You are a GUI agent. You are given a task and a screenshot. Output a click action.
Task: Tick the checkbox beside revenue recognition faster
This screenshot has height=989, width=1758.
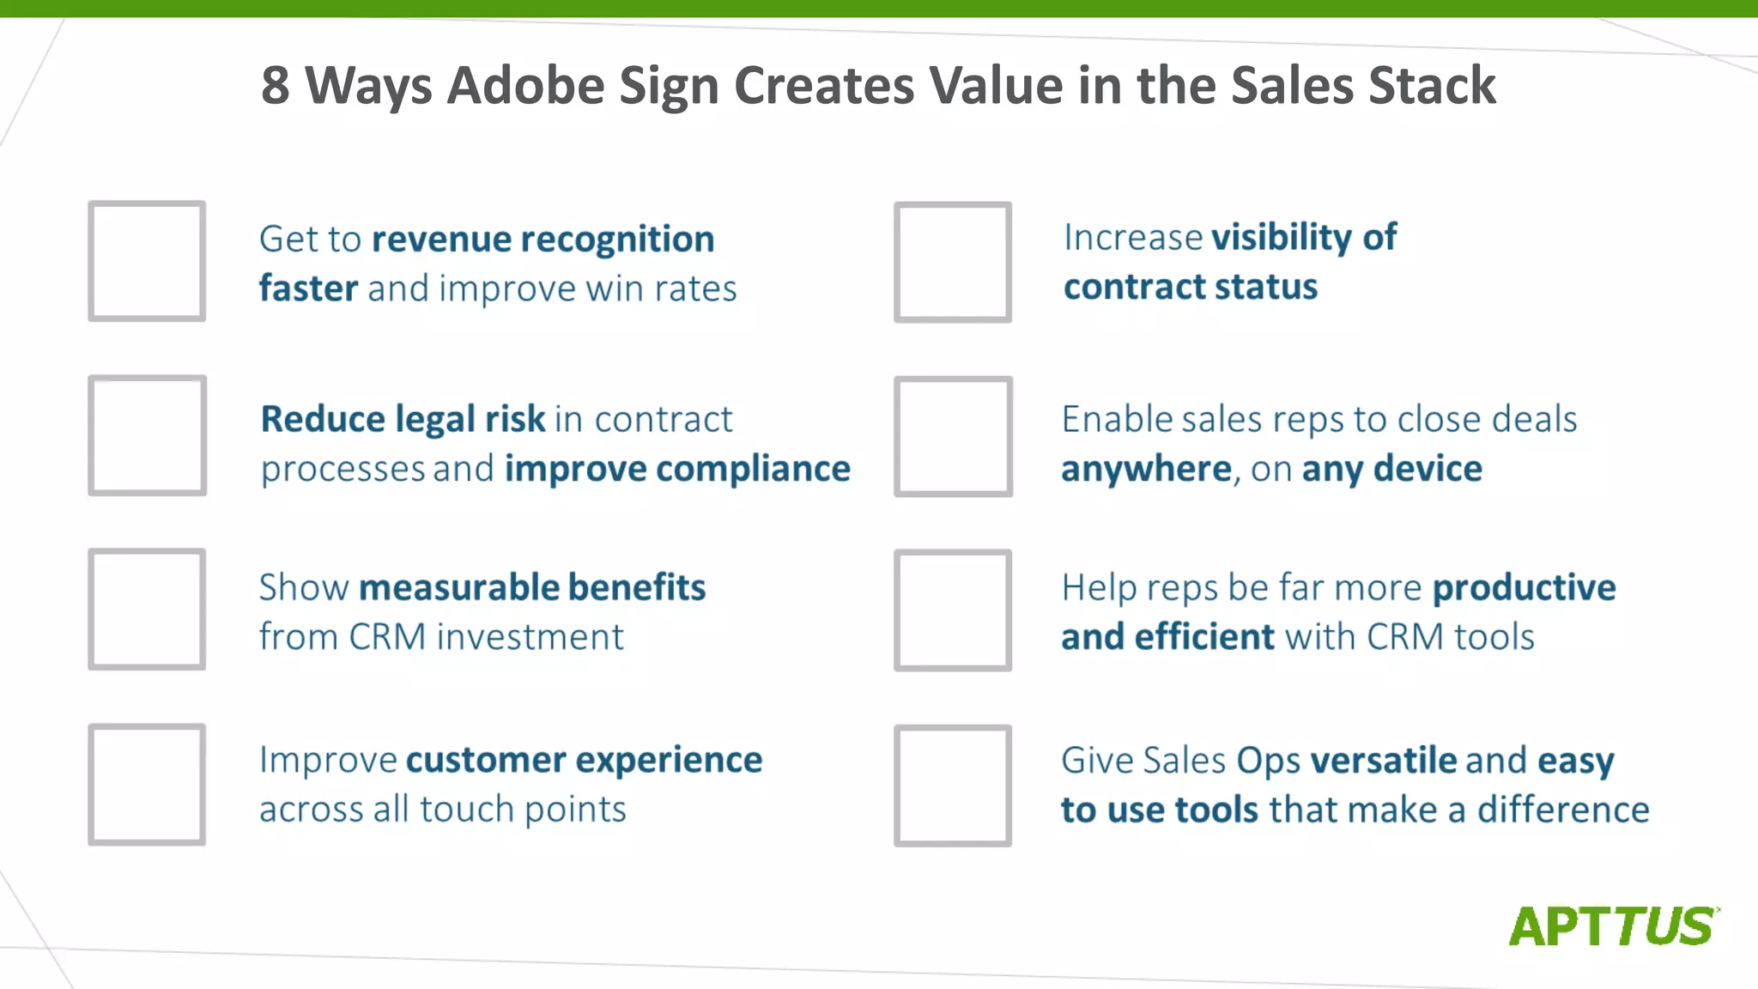pyautogui.click(x=147, y=261)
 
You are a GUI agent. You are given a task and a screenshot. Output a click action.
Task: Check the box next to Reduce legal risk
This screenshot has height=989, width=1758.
pyautogui.click(x=147, y=435)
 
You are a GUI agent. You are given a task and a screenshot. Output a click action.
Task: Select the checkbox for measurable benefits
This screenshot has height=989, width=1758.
pyautogui.click(x=147, y=610)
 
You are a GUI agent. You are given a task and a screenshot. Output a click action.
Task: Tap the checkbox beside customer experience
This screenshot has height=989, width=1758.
pyautogui.click(x=147, y=784)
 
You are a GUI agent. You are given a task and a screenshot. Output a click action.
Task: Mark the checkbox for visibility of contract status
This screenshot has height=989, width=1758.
pyautogui.click(x=953, y=262)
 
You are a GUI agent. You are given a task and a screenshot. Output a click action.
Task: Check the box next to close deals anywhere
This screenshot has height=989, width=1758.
pyautogui.click(x=953, y=436)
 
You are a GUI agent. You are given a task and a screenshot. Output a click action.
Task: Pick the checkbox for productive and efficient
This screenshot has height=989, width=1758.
pyautogui.click(x=953, y=610)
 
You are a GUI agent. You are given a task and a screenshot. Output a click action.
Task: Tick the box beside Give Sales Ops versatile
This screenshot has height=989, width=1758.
pyautogui.click(x=953, y=786)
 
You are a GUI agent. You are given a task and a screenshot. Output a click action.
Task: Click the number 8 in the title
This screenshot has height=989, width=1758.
pyautogui.click(x=276, y=86)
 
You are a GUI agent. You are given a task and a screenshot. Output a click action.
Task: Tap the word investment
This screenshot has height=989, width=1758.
pyautogui.click(x=530, y=637)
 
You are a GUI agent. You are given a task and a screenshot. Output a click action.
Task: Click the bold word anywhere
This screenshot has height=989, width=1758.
pyautogui.click(x=1146, y=470)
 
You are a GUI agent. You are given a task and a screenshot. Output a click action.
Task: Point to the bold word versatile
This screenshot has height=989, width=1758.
pyautogui.click(x=1384, y=761)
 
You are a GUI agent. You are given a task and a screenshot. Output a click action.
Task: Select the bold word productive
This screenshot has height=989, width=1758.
pyautogui.click(x=1524, y=588)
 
